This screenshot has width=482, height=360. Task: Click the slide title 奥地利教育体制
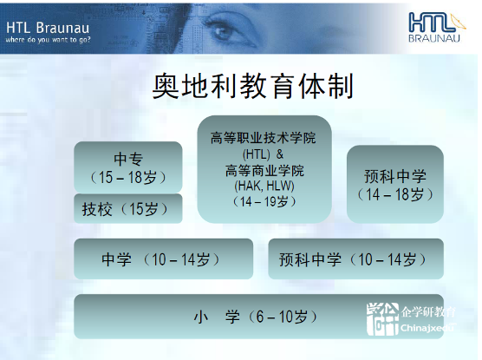(x=252, y=86)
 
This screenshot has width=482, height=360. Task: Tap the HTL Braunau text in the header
(x=48, y=28)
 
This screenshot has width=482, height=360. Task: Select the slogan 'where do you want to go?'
(x=48, y=40)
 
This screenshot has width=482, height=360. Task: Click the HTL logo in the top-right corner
(x=437, y=27)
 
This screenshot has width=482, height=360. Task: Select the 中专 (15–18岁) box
(x=128, y=167)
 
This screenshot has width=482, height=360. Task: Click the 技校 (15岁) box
(x=128, y=208)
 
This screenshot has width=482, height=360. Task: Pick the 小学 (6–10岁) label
(x=256, y=317)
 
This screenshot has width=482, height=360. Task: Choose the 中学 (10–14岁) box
(x=164, y=259)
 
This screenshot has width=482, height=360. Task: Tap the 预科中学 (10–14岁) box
(x=356, y=259)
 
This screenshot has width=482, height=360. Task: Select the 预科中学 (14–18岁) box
(x=395, y=184)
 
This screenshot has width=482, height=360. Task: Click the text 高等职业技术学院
(x=264, y=138)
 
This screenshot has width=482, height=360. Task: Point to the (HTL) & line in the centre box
(x=264, y=154)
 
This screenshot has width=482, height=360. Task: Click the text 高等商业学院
(x=264, y=170)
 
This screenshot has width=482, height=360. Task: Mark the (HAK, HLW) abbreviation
(x=264, y=186)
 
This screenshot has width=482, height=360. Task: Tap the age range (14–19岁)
(x=264, y=202)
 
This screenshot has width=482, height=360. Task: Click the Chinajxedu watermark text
(x=427, y=328)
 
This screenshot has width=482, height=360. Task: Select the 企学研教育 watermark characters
(x=428, y=312)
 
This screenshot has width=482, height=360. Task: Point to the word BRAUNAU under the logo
(x=434, y=38)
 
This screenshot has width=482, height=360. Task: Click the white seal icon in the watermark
(x=382, y=319)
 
